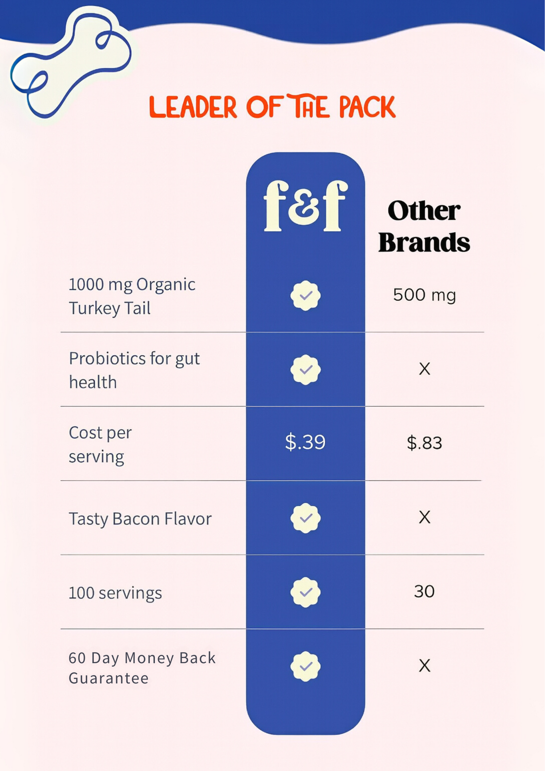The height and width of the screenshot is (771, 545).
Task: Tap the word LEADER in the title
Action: coord(193,107)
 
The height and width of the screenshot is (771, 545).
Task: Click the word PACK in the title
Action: coord(367,107)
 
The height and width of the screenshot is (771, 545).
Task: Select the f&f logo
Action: coord(305,206)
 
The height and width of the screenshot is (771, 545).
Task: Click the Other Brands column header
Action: coord(424,226)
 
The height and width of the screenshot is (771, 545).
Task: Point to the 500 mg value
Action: coord(424,295)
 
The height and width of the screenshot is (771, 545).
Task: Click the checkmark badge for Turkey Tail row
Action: coord(306,295)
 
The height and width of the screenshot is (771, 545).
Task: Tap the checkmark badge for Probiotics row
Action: coord(306,370)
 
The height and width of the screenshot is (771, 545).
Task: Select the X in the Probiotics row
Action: coord(424,369)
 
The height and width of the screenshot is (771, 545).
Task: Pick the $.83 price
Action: coord(424,443)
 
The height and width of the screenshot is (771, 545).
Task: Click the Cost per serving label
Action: coord(100,444)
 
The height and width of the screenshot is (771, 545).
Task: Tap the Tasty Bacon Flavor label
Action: coord(140,518)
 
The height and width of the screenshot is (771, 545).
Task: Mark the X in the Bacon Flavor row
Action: coord(424,517)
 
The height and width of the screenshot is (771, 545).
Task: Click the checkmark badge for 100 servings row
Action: coord(306,592)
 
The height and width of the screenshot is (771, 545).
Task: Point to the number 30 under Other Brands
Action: coord(424,592)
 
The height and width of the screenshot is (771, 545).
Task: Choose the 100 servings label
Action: coord(115,593)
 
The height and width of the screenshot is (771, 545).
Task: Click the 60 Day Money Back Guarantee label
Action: coord(142,668)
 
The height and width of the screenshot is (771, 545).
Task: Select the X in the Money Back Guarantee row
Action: coord(424,666)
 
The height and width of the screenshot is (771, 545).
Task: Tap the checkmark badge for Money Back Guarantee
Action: coord(306,666)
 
